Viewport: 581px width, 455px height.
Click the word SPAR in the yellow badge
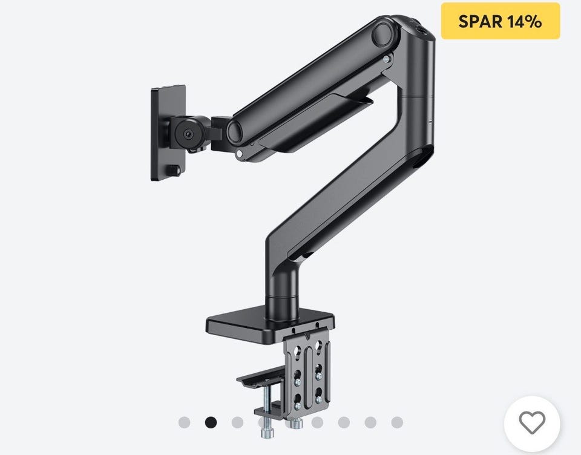point(480,21)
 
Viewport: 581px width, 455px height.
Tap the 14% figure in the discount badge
point(525,21)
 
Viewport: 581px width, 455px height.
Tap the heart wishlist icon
point(532,422)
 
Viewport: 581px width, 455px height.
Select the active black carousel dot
point(211,422)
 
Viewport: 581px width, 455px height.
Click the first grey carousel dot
point(184,422)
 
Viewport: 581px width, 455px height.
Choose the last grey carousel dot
point(397,422)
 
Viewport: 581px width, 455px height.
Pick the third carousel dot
point(237,422)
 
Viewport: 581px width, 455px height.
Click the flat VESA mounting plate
point(168,133)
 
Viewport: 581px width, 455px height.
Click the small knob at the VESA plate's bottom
point(174,170)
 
